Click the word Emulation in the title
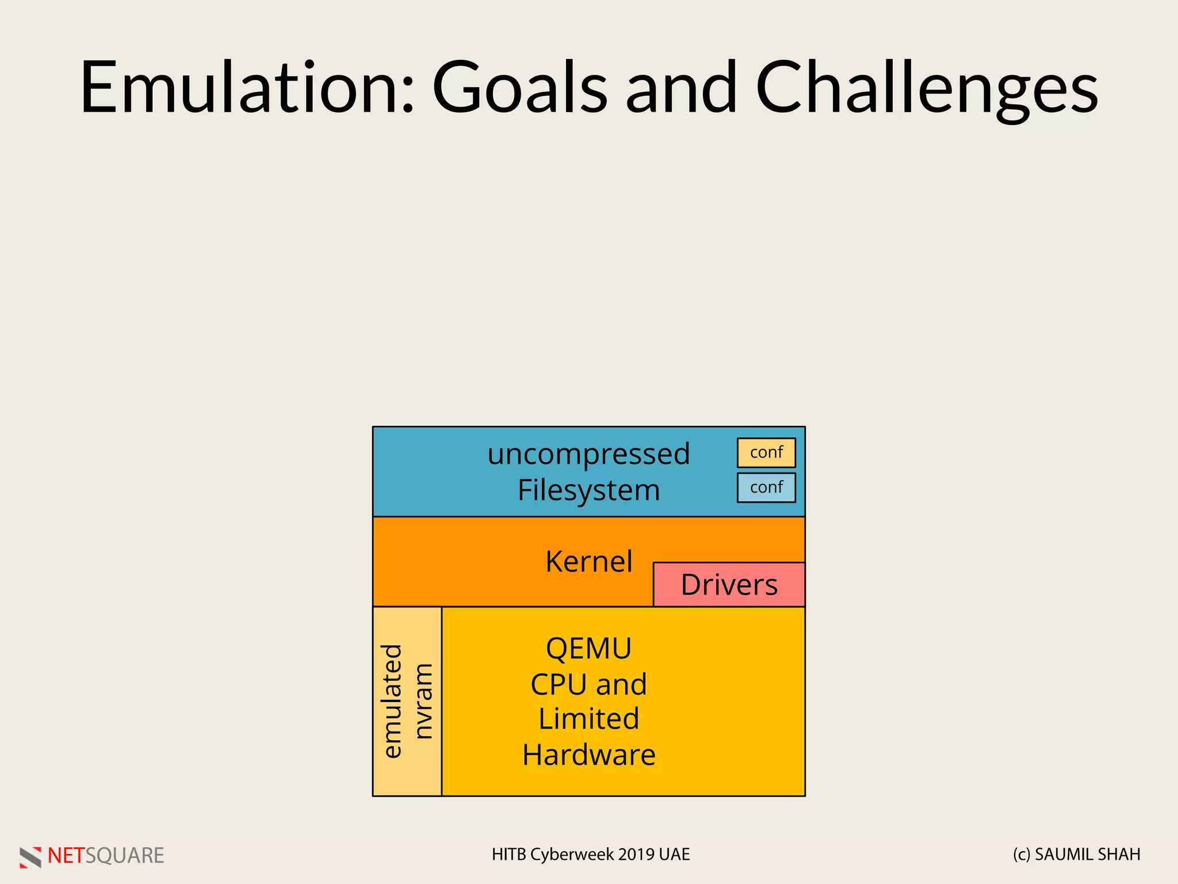tap(247, 87)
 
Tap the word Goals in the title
tap(519, 87)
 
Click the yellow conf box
tap(766, 452)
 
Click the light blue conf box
tap(766, 487)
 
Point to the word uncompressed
tap(588, 454)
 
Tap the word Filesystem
tap(588, 490)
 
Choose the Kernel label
tap(588, 562)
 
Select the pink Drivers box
tap(729, 585)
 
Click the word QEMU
tap(588, 649)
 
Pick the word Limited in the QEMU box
tap(588, 719)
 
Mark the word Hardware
tap(588, 755)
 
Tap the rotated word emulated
tap(392, 701)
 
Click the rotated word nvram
tap(423, 701)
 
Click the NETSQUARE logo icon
tap(30, 857)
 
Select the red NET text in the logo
tap(66, 856)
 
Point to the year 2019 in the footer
tap(637, 855)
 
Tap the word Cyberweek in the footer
tap(572, 855)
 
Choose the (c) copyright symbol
tap(1022, 855)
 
